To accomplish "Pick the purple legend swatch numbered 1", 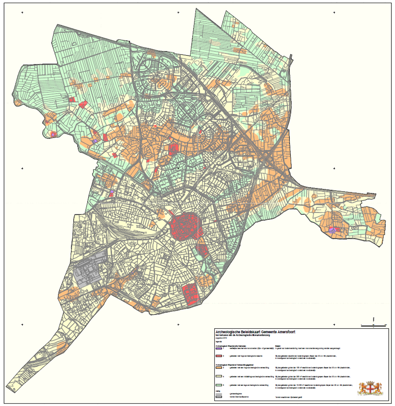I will pyautogui.click(x=219, y=348).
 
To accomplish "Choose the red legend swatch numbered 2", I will pyautogui.click(x=219, y=356).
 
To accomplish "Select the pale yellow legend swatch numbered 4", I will pyautogui.click(x=219, y=376).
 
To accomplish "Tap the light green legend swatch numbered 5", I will pyautogui.click(x=219, y=386).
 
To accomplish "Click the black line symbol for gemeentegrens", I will pyautogui.click(x=219, y=394).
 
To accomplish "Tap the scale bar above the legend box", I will pyautogui.click(x=373, y=324).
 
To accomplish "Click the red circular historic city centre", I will pyautogui.click(x=186, y=227).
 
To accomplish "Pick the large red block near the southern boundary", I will pyautogui.click(x=191, y=294).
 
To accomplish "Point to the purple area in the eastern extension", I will pyautogui.click(x=332, y=231).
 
